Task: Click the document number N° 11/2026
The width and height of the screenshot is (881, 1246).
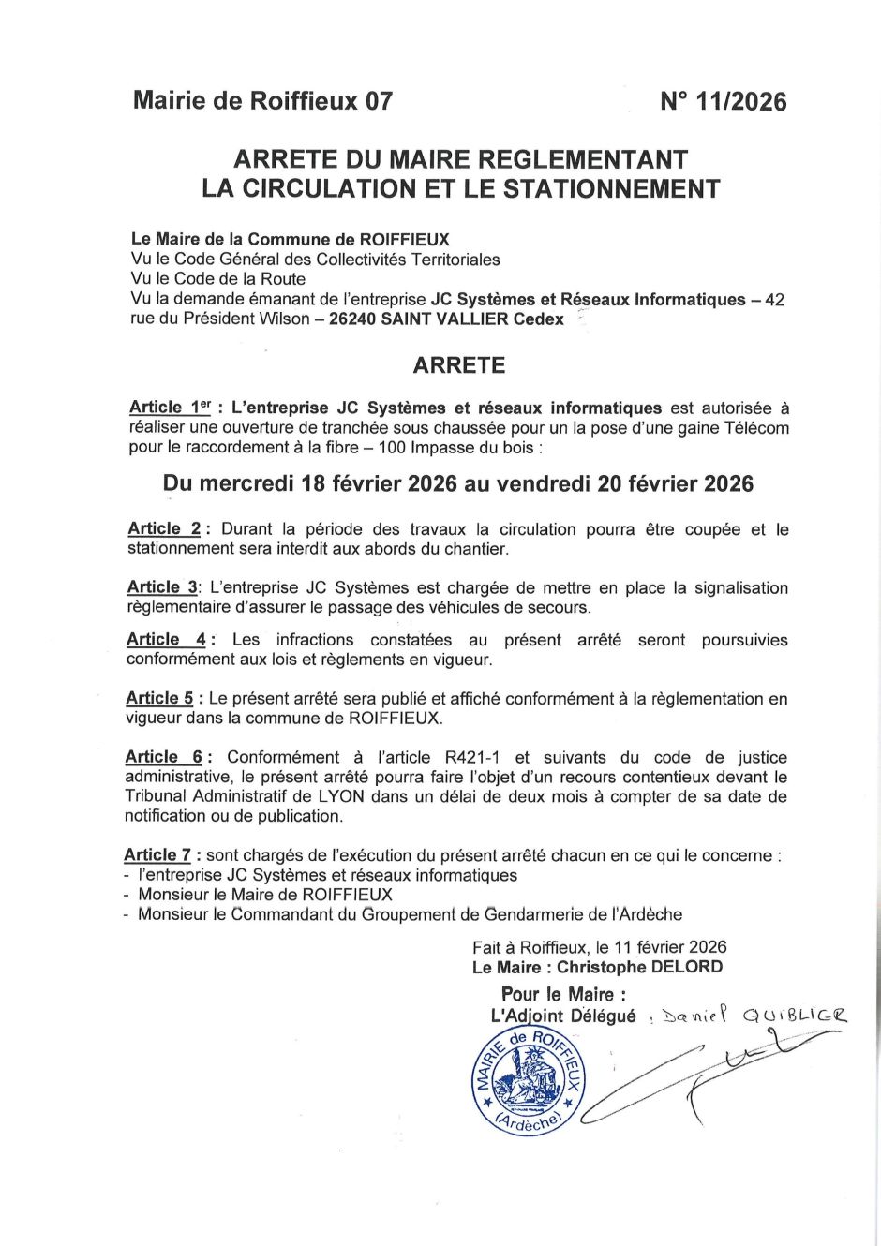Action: [x=723, y=101]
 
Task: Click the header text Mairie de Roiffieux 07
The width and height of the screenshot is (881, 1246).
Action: [x=262, y=101]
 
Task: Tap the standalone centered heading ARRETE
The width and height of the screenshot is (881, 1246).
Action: [x=459, y=365]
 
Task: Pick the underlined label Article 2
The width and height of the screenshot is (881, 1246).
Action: [x=164, y=529]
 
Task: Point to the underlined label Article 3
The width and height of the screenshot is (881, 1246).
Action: [x=162, y=587]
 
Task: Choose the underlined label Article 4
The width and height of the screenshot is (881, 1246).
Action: [x=166, y=640]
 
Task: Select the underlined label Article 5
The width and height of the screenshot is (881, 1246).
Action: [x=159, y=698]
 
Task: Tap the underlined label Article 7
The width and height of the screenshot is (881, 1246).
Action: [x=157, y=855]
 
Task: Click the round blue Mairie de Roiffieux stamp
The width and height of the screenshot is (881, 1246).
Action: [x=528, y=1079]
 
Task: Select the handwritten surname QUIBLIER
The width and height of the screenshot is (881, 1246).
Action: [x=794, y=1015]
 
